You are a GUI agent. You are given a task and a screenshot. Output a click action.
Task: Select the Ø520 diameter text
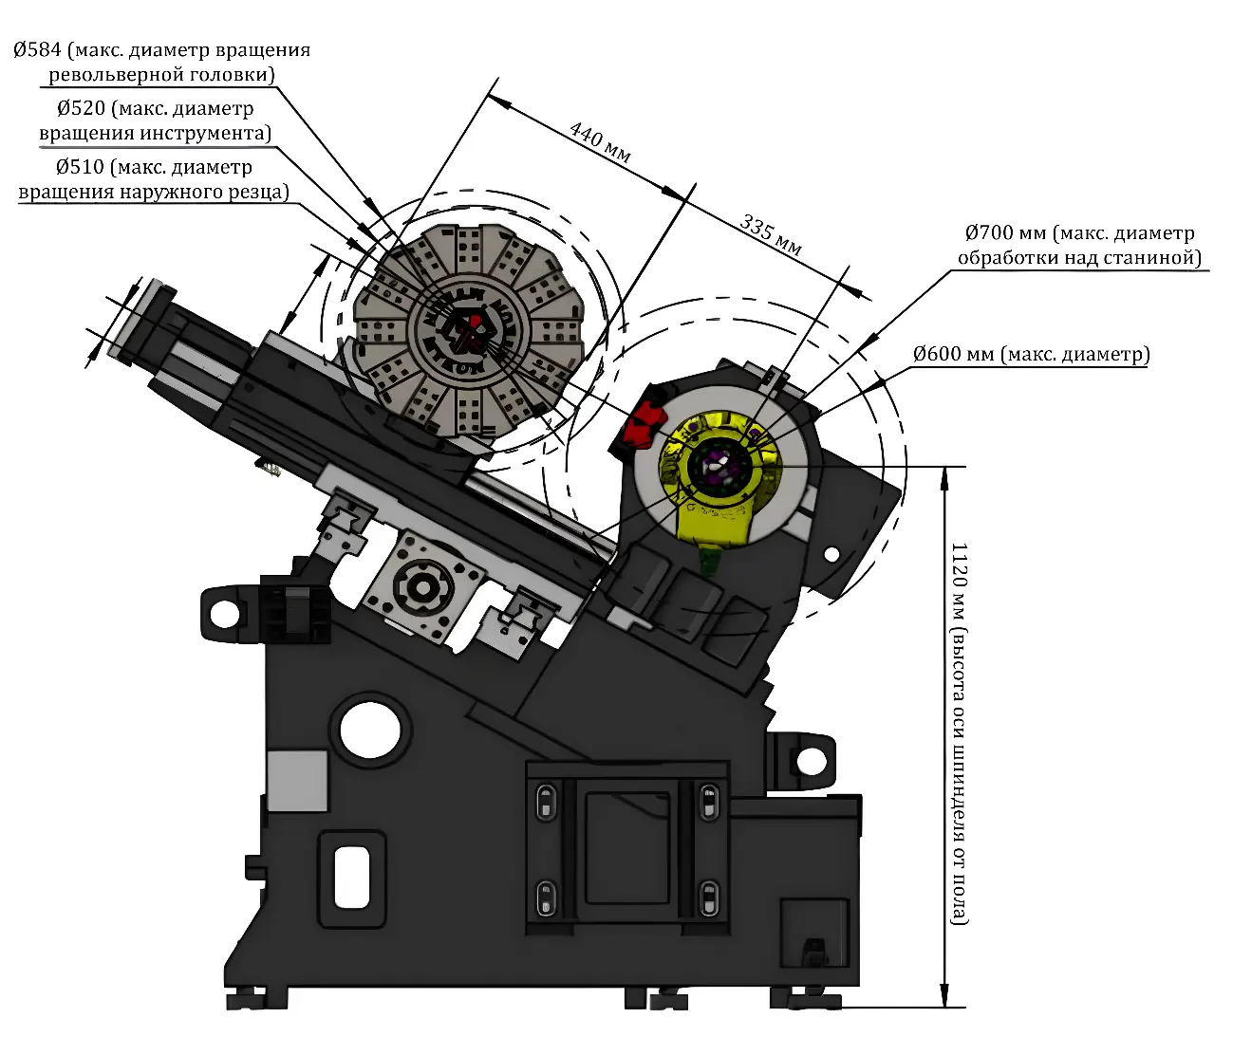point(81,109)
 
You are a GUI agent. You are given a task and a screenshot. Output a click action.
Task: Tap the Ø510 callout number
point(80,168)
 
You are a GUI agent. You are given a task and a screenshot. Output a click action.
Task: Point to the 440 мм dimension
point(600,141)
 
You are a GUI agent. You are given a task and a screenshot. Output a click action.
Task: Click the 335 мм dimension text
point(771,235)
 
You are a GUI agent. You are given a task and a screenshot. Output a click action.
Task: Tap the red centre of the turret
point(466,329)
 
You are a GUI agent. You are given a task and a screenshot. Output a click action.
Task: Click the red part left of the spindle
point(641,421)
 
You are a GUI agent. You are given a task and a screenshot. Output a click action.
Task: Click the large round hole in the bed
point(370,728)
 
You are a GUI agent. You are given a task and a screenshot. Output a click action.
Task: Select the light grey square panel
point(297,780)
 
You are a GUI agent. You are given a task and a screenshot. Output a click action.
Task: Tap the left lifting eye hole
point(225,614)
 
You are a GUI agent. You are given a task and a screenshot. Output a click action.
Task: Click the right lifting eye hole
point(812,760)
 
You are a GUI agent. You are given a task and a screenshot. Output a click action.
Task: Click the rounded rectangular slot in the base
point(351,877)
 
